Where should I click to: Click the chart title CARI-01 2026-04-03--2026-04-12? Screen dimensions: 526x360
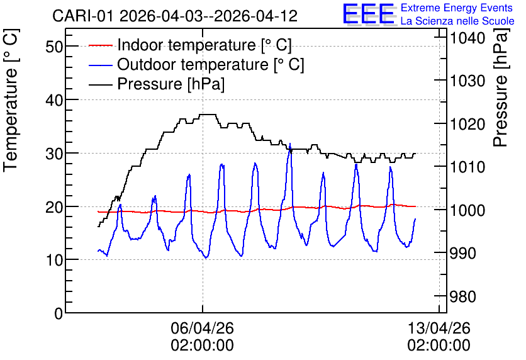[175, 16]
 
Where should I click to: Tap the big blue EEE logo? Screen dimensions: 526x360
[368, 13]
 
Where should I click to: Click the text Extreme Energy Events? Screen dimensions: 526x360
[457, 8]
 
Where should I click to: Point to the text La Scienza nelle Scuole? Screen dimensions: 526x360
[457, 21]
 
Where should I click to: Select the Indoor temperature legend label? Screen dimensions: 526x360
[204, 45]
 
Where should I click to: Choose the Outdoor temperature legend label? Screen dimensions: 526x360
[211, 64]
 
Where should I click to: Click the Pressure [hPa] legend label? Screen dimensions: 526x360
[171, 84]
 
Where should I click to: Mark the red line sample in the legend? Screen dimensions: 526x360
[100, 45]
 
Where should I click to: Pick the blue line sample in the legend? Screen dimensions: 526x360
[100, 65]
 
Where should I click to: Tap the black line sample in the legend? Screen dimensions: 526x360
[100, 84]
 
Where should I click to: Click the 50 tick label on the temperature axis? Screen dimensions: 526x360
[54, 47]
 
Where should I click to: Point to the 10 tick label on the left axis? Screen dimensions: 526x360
[54, 260]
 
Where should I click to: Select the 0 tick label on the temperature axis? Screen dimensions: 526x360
[59, 313]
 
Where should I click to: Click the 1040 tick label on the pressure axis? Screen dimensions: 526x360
[467, 38]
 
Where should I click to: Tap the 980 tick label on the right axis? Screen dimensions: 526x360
[462, 296]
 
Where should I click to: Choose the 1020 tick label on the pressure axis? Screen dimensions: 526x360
[467, 125]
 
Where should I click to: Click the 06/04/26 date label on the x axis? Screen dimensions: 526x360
[202, 328]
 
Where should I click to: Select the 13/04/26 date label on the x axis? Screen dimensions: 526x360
[439, 328]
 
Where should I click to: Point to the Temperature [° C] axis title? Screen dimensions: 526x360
[11, 101]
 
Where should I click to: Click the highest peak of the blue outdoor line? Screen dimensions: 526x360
[290, 143]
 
